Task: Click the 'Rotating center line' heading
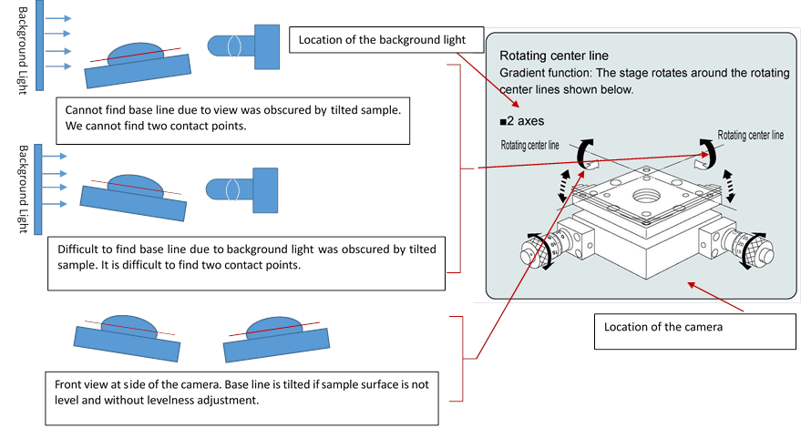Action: coord(554,56)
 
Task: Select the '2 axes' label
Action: coord(526,120)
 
